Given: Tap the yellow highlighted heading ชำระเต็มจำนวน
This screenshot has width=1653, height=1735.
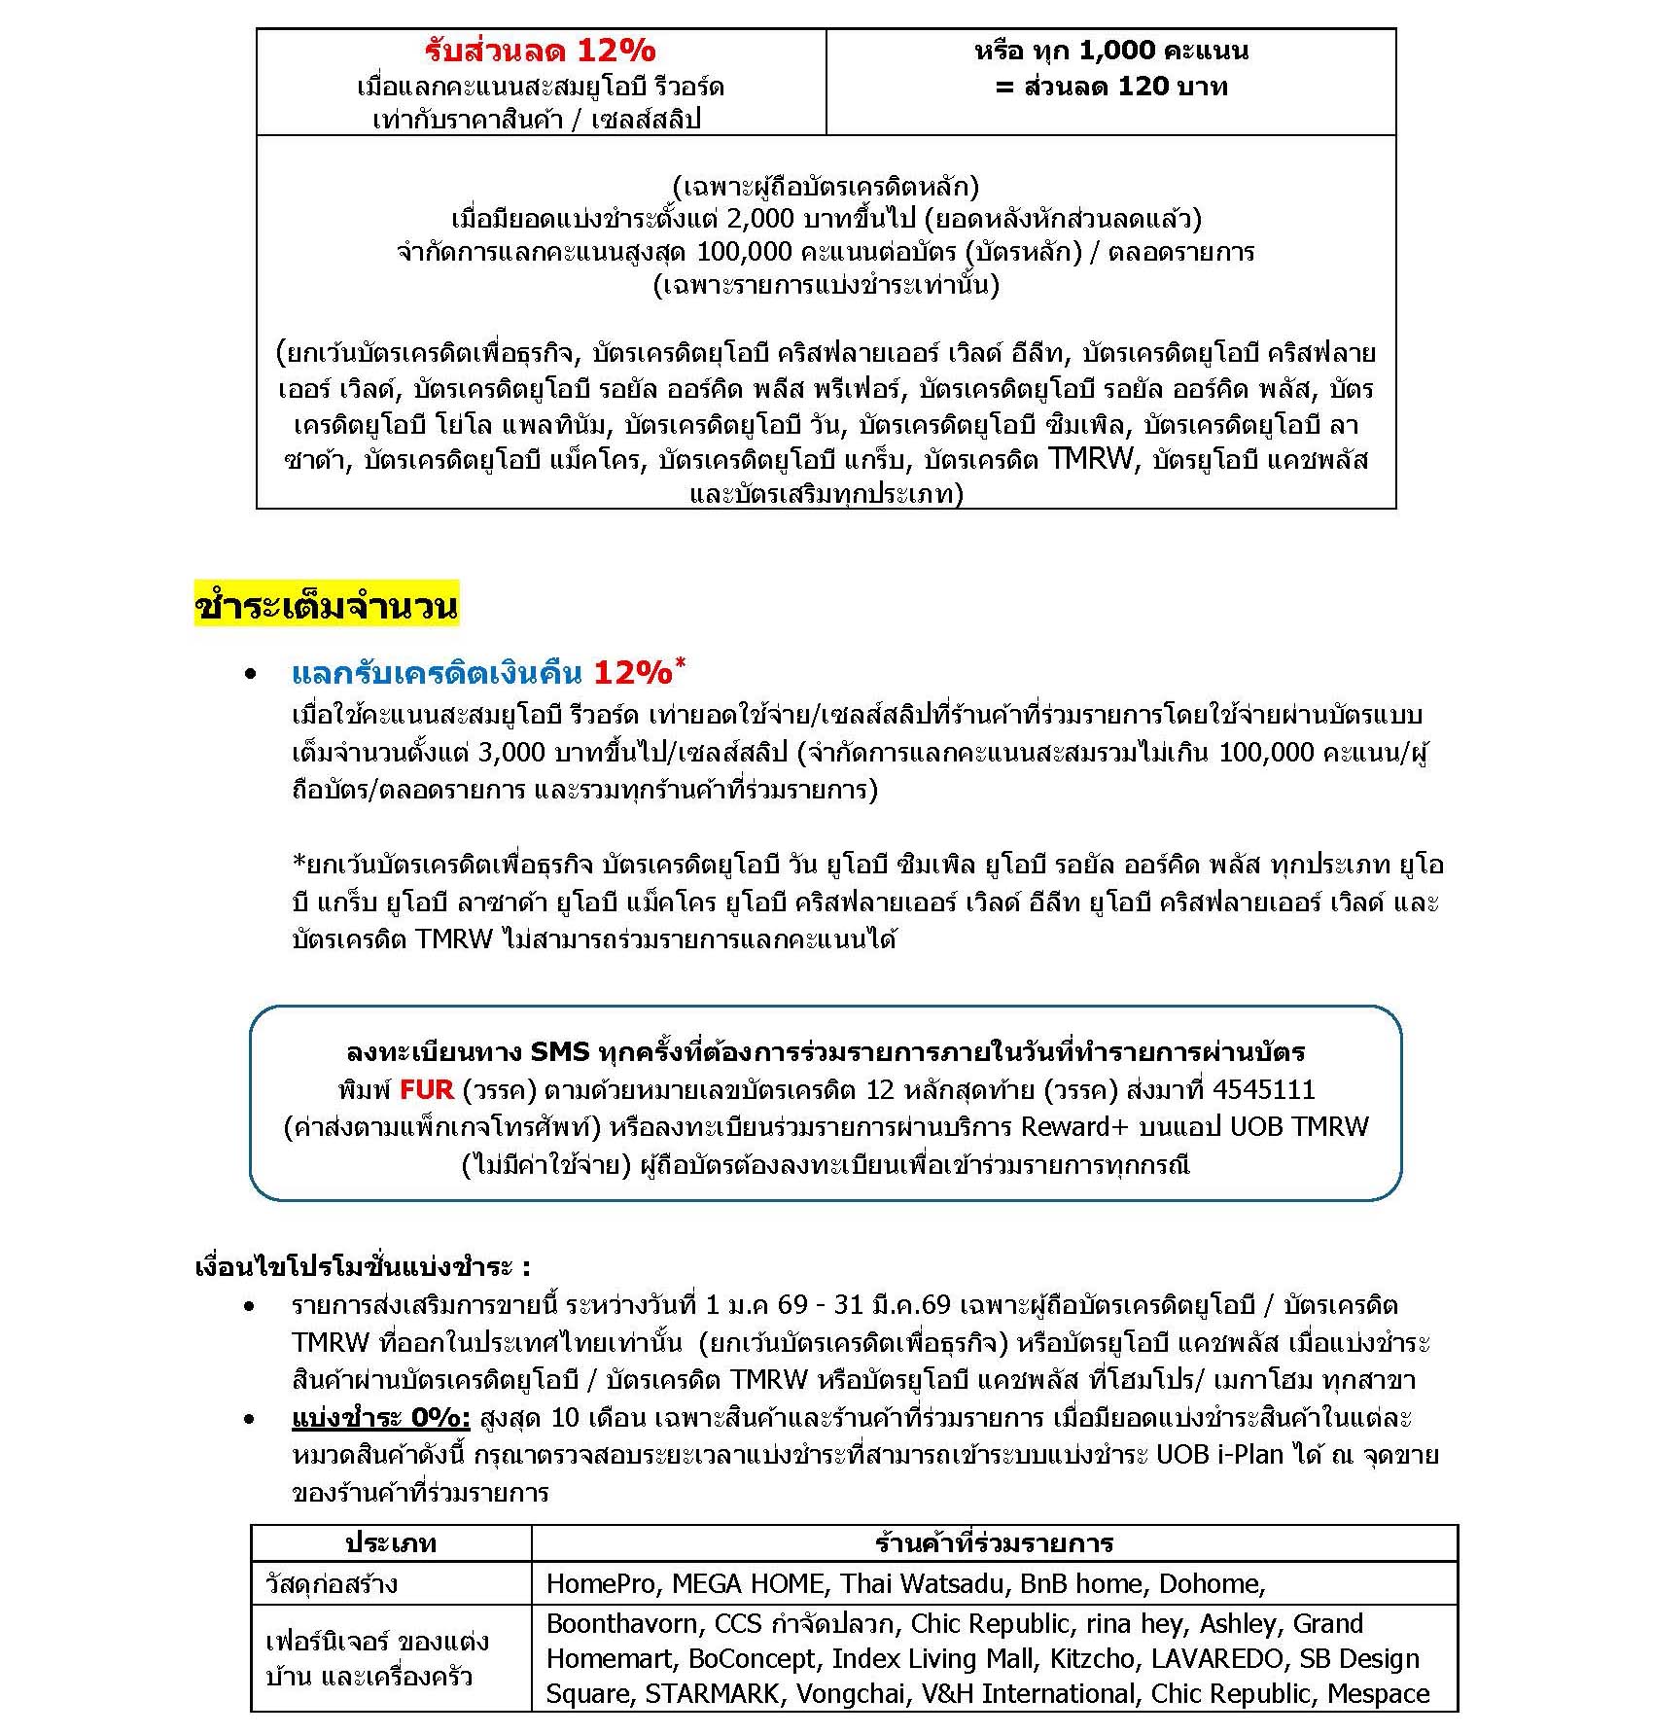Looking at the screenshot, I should [x=326, y=606].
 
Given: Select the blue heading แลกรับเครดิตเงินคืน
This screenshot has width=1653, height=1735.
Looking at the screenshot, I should [x=437, y=672].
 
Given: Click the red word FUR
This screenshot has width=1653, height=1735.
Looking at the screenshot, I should [x=426, y=1089].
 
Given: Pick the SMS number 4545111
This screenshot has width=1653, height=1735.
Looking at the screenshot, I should [x=1263, y=1089].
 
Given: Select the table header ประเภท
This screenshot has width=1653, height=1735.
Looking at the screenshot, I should [x=391, y=1543].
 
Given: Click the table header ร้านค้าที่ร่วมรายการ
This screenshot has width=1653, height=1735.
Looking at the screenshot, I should [x=994, y=1543].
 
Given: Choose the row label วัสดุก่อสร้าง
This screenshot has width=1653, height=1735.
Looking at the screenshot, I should [x=332, y=1584].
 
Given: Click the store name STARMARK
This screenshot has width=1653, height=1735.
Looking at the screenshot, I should [x=712, y=1693].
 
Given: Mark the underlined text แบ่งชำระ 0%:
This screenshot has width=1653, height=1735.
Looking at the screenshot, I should [x=380, y=1418].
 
